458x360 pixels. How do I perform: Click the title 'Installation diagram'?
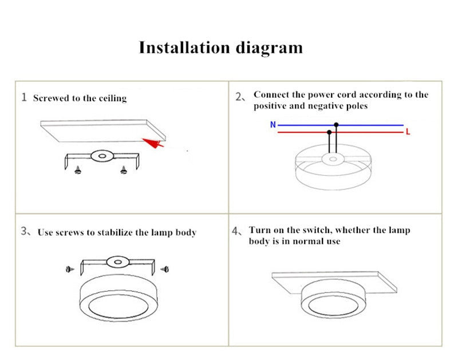[x=220, y=47]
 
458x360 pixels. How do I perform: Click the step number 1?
[x=23, y=97]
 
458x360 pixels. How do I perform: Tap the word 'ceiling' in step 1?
[x=112, y=98]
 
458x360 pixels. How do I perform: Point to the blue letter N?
[x=273, y=125]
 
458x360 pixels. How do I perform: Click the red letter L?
[x=408, y=132]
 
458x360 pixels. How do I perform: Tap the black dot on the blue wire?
[x=337, y=125]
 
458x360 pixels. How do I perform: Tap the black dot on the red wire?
[x=329, y=132]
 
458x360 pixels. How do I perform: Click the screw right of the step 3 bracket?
[x=165, y=267]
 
